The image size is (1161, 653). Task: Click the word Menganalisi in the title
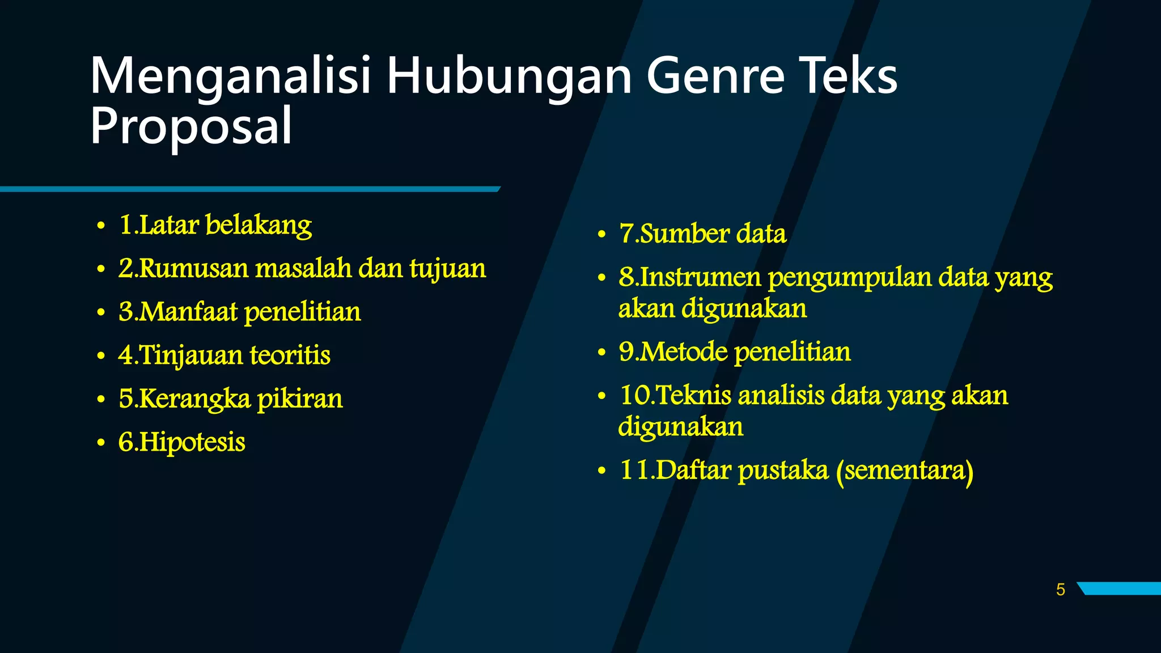click(230, 77)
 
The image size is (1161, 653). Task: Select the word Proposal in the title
click(191, 126)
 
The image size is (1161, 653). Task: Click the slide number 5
click(1060, 590)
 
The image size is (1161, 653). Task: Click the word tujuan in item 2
click(447, 269)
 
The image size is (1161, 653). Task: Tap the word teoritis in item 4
click(290, 355)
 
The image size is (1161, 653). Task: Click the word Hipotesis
click(192, 442)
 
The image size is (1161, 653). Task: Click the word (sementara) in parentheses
click(904, 470)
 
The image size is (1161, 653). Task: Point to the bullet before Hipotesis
click(101, 443)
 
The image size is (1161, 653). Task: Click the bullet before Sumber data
click(601, 235)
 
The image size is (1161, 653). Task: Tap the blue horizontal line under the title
click(249, 189)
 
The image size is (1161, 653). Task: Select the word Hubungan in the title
click(509, 77)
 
